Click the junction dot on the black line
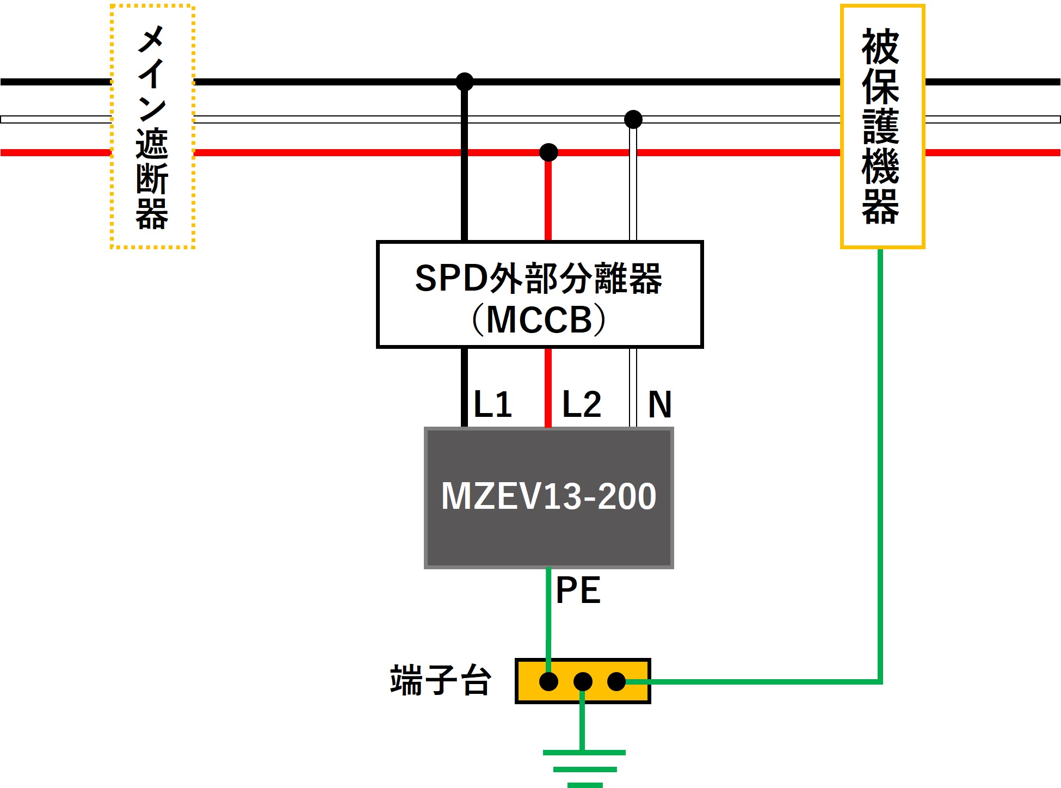click(464, 82)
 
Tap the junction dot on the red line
click(548, 152)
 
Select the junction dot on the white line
click(633, 119)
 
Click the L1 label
click(493, 404)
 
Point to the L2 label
click(581, 404)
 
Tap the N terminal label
click(660, 404)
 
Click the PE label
click(578, 590)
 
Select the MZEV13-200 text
click(548, 496)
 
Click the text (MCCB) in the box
click(539, 319)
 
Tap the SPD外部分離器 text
click(539, 279)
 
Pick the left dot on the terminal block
click(548, 681)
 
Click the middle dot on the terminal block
click(583, 681)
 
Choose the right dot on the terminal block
click(616, 681)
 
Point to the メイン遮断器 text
click(152, 126)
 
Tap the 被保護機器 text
click(881, 126)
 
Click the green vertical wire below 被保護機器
click(880, 463)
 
